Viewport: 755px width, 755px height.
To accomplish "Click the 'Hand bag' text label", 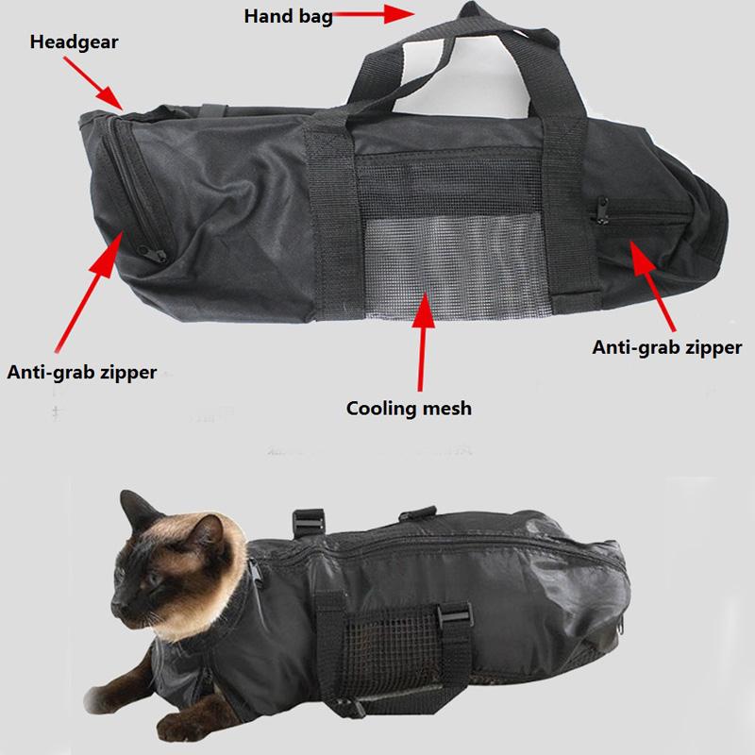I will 288,16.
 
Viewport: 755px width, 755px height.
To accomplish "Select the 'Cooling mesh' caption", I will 409,409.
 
